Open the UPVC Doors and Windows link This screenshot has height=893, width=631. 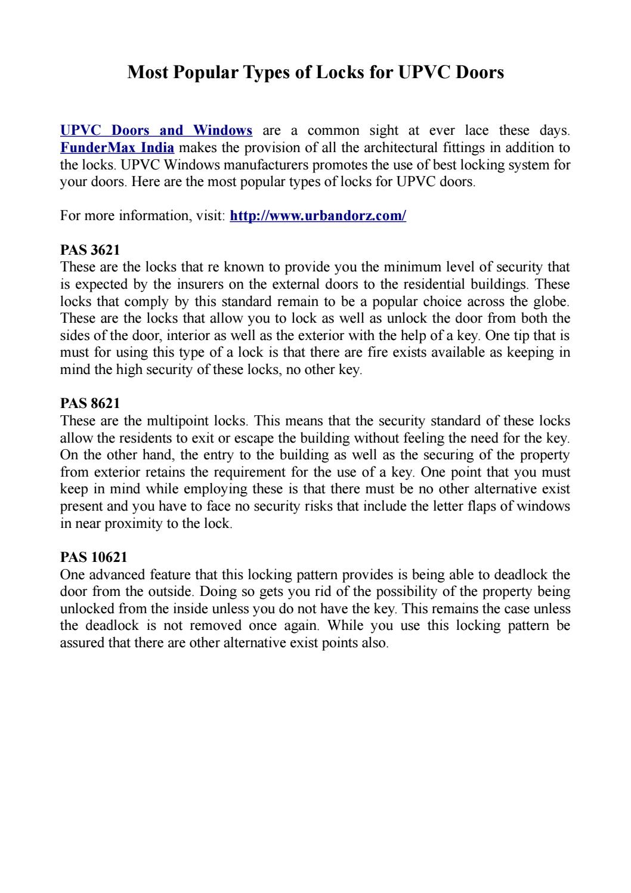click(156, 130)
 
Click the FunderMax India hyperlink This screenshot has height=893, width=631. click(117, 147)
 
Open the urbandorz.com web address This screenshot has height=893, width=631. click(318, 215)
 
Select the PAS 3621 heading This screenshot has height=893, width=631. click(90, 250)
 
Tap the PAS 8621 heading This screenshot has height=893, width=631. click(90, 404)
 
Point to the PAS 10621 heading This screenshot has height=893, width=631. click(94, 558)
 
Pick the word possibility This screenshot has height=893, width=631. click(390, 592)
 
